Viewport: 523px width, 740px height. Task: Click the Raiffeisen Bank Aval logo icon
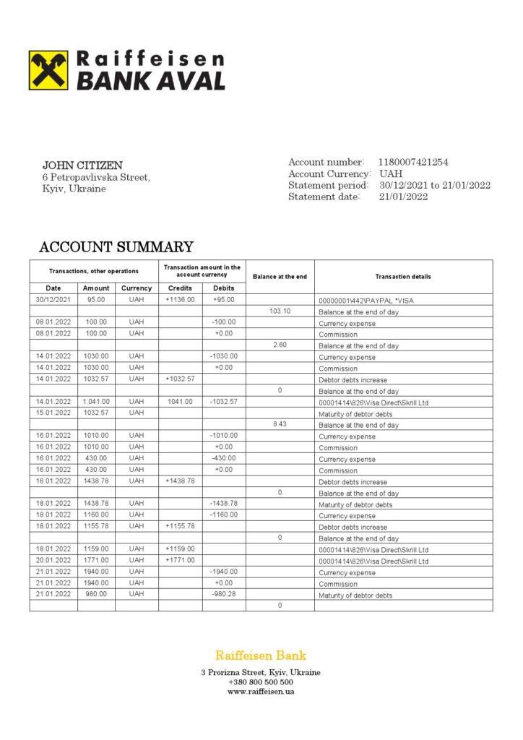(48, 70)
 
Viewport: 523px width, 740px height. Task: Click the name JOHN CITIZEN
(82, 165)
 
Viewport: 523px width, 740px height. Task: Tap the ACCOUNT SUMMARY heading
(116, 247)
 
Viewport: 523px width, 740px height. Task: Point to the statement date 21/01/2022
(403, 197)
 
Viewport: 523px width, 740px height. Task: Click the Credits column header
(180, 288)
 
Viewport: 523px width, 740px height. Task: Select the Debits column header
(224, 288)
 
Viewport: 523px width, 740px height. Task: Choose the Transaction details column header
(403, 277)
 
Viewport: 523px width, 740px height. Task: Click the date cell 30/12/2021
(53, 299)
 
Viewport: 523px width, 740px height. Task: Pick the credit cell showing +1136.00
(180, 299)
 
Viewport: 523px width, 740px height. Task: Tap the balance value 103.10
(280, 311)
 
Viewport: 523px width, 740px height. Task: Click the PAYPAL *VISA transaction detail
(366, 300)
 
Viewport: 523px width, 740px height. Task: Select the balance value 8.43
(280, 424)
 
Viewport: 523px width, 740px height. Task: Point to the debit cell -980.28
(224, 595)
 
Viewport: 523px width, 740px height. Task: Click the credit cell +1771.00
(180, 561)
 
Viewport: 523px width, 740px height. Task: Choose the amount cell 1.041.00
(96, 402)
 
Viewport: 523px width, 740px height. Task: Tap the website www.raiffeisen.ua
(261, 692)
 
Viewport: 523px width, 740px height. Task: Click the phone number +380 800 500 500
(261, 682)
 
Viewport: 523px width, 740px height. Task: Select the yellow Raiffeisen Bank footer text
(261, 656)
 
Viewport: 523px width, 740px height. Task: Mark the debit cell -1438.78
(224, 504)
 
